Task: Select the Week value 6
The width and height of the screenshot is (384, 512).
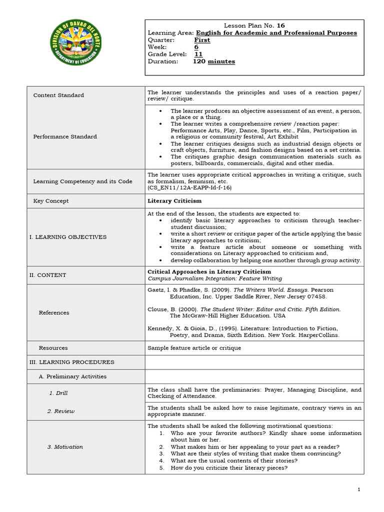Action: coord(196,47)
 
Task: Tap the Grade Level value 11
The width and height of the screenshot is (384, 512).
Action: coord(198,54)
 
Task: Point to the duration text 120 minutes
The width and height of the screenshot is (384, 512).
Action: coord(214,61)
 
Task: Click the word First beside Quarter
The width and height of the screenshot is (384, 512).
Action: coord(202,40)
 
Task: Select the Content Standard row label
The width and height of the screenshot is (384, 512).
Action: coord(58,95)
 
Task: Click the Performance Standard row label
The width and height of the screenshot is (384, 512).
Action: coord(65,136)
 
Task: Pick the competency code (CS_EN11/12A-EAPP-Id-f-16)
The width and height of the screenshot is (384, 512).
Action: coord(189,187)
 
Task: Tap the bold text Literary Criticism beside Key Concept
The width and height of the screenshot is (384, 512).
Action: coord(174,201)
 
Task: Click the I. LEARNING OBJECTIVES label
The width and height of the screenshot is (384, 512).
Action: coord(67,237)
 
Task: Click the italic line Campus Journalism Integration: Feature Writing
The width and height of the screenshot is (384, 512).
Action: coord(214,278)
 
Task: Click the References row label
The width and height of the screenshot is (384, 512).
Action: coord(54,312)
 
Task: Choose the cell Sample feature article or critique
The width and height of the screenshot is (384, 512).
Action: coord(194,347)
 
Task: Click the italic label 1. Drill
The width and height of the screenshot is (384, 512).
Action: coord(58,393)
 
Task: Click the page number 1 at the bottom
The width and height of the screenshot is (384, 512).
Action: coord(359,490)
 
